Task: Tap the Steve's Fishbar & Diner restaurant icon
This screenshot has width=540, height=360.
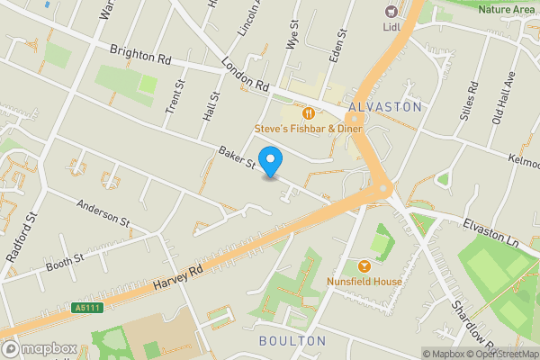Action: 308,113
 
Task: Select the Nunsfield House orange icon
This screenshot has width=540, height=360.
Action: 364,266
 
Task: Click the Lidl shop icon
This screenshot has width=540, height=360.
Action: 391,11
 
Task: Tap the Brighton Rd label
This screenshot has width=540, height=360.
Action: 140,54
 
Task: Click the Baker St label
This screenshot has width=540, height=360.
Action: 237,157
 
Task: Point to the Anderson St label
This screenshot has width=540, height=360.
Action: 103,214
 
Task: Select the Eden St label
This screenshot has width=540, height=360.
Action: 341,39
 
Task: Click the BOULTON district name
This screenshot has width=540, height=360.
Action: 292,341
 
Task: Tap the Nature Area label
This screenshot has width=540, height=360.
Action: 506,9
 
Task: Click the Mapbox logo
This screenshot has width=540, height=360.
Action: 40,348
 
